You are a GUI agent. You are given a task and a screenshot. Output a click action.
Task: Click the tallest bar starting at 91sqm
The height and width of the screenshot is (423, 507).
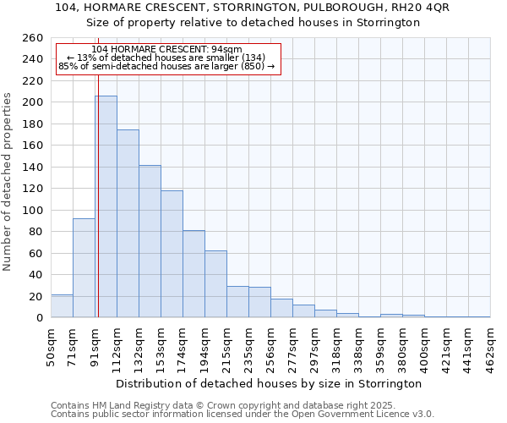tap(106, 207)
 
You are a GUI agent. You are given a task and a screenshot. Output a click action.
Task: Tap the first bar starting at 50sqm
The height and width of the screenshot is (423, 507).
tap(62, 306)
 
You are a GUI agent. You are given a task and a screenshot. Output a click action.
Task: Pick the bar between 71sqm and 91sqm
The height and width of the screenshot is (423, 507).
tap(84, 268)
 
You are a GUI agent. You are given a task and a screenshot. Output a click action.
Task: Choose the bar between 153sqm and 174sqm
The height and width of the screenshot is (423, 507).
tap(172, 254)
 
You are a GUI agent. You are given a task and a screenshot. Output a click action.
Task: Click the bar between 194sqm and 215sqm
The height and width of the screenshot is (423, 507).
tap(215, 284)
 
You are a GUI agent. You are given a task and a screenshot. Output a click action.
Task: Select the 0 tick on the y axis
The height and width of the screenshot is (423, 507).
tap(39, 318)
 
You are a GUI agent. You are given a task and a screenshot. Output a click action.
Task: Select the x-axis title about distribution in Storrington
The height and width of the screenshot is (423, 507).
tap(270, 383)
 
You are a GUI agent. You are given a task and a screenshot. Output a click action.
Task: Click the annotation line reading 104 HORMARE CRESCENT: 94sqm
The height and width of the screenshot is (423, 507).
tap(166, 49)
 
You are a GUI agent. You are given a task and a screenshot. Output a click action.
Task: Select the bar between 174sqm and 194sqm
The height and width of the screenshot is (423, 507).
tap(194, 274)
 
